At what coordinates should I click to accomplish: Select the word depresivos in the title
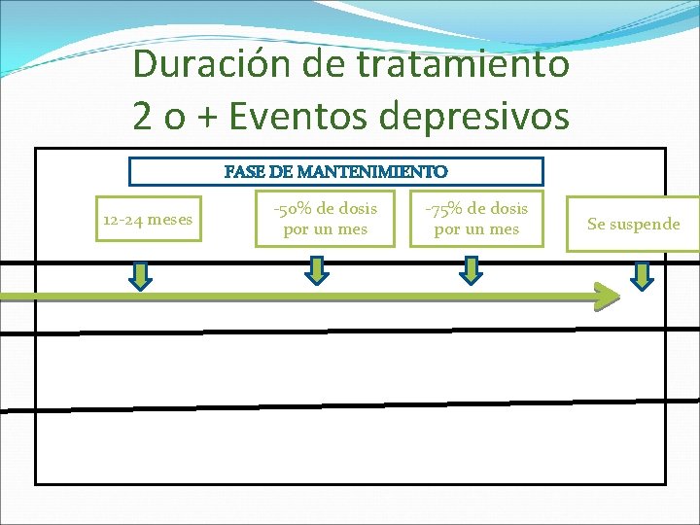point(475,116)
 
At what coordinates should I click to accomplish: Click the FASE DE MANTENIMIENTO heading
point(336,172)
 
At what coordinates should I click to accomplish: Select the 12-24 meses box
point(148,220)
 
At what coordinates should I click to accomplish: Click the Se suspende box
point(633,225)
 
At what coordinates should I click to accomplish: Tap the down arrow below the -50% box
point(317,269)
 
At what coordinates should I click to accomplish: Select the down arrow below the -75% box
point(471,269)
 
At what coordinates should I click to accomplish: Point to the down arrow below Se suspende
point(643,276)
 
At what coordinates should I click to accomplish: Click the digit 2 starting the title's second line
point(143,116)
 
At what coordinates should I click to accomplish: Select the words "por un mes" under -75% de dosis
point(476,230)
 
